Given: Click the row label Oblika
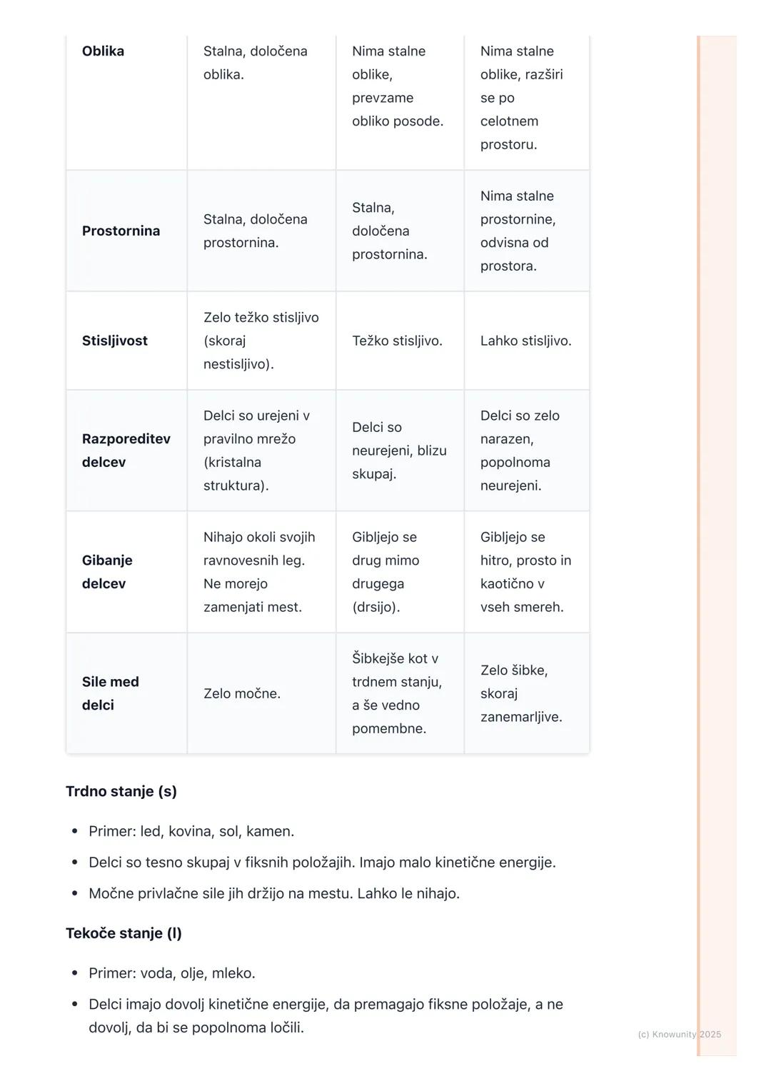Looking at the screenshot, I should [x=103, y=51].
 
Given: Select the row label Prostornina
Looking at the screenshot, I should [x=121, y=231].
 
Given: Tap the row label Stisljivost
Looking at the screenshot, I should [x=114, y=341].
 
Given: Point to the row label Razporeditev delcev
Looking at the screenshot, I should [x=126, y=451].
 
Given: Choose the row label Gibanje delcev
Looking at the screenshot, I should [x=107, y=572].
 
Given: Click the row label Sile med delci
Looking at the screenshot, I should [x=110, y=693].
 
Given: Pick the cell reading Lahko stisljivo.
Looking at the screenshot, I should [x=525, y=341].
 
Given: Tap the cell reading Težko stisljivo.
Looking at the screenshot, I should [x=397, y=341].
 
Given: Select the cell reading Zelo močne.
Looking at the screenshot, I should [x=241, y=693].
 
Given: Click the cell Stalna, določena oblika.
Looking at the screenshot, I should [x=255, y=63].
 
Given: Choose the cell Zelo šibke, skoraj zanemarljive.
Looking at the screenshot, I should [x=521, y=693].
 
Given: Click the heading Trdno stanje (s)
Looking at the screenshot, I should [x=121, y=791].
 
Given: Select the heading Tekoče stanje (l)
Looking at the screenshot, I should [x=124, y=933].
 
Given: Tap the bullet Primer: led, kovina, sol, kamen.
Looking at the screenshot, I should [x=191, y=831].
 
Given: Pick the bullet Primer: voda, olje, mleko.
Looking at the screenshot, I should [x=171, y=973].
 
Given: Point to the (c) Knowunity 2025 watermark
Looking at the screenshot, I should [x=679, y=1034].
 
